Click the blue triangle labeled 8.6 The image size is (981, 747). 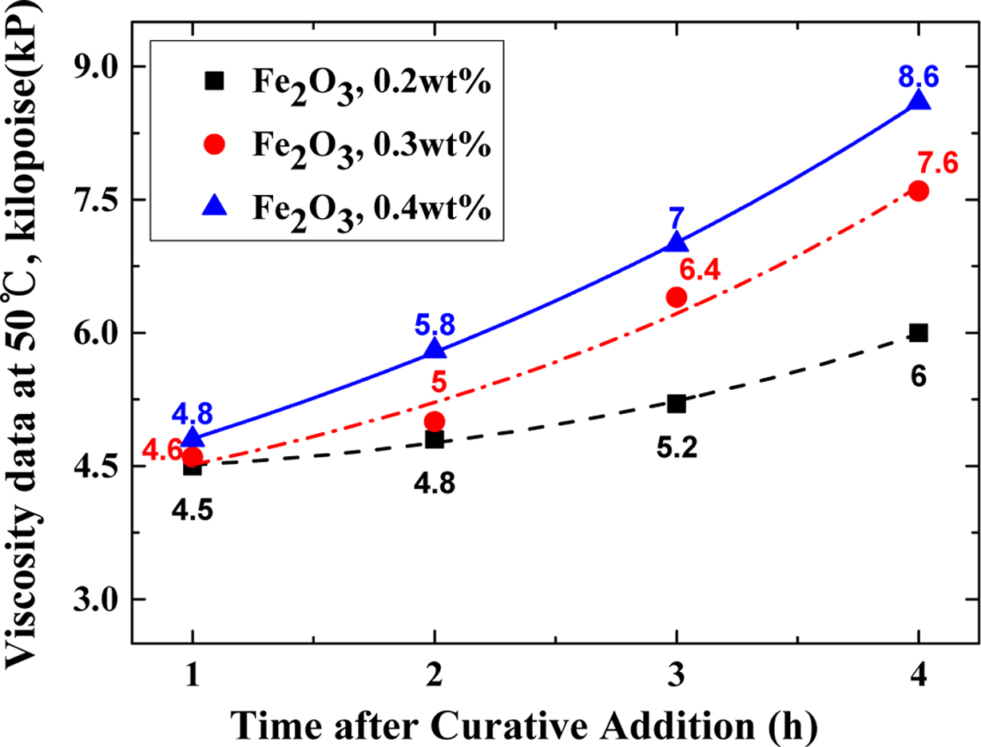pyautogui.click(x=918, y=101)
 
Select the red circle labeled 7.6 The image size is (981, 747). pyautogui.click(x=918, y=191)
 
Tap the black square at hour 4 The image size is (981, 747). pyautogui.click(x=918, y=333)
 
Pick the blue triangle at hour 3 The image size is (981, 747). pyautogui.click(x=677, y=242)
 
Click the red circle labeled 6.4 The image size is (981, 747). pyautogui.click(x=677, y=297)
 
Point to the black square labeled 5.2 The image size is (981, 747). pyautogui.click(x=677, y=403)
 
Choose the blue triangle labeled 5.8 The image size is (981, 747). pyautogui.click(x=435, y=348)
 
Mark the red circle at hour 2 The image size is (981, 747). pyautogui.click(x=435, y=421)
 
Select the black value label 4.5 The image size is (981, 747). pyautogui.click(x=192, y=510)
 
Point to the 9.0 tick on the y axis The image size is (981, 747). pyautogui.click(x=96, y=66)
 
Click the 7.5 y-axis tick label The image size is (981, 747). pyautogui.click(x=96, y=200)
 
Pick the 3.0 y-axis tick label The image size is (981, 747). pyautogui.click(x=96, y=600)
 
